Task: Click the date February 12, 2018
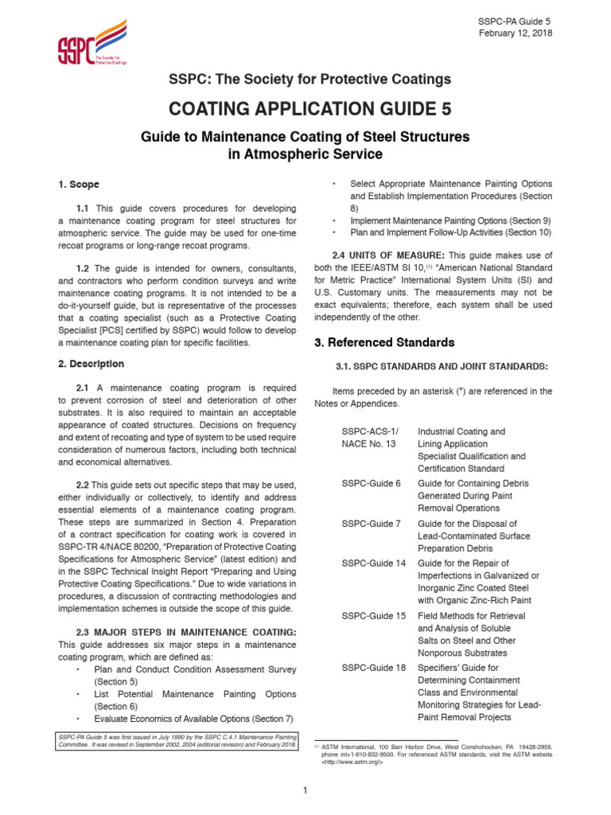click(x=515, y=33)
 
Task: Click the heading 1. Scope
click(x=78, y=185)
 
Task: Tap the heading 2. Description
click(x=91, y=364)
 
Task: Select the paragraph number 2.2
click(x=83, y=485)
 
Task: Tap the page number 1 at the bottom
click(x=305, y=790)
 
